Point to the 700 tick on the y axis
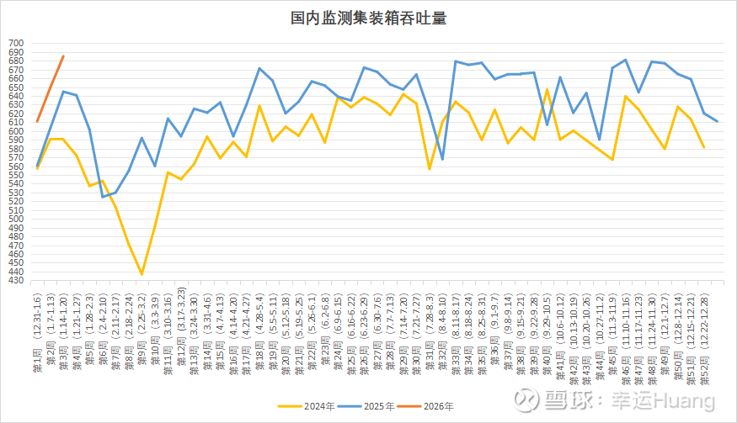pos(17,43)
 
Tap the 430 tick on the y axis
pos(17,281)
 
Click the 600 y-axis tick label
pos(17,131)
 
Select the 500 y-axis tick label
pos(17,219)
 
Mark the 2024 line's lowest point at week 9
pos(142,274)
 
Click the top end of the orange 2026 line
pos(63,56)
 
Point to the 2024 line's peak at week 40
pos(547,89)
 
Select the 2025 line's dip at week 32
pos(442,159)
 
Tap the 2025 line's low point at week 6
pos(103,197)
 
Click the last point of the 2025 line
pos(717,122)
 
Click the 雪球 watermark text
pos(566,397)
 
